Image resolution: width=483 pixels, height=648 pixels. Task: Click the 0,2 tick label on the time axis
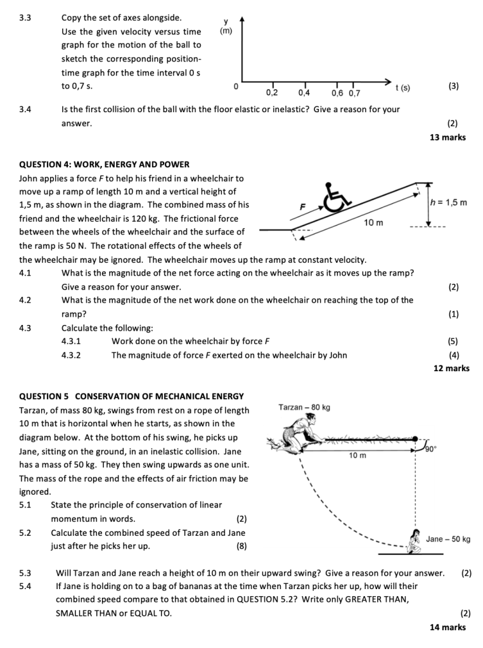(x=272, y=93)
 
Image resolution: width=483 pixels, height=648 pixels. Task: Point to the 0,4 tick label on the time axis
(x=304, y=93)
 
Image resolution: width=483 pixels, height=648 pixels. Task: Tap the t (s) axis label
(x=402, y=87)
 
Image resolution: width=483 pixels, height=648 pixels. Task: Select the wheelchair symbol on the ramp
(x=337, y=197)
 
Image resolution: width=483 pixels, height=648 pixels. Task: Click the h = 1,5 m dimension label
(x=448, y=203)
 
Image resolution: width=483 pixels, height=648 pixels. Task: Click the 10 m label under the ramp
(x=373, y=222)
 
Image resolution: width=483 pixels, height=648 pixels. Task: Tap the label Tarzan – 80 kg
(x=304, y=407)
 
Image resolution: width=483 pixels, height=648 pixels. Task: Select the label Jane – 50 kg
(x=448, y=539)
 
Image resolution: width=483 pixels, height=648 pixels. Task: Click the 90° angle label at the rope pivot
(x=431, y=448)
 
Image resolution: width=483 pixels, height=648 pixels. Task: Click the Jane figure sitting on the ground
(x=416, y=540)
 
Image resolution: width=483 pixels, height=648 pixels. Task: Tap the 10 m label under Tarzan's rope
(x=357, y=455)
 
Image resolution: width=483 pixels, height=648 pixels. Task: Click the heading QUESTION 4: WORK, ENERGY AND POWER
(x=105, y=165)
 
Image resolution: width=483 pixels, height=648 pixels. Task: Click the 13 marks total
(x=448, y=137)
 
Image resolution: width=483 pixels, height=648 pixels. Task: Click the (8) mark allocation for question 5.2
(x=241, y=546)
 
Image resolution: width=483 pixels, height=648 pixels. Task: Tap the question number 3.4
(x=25, y=109)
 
